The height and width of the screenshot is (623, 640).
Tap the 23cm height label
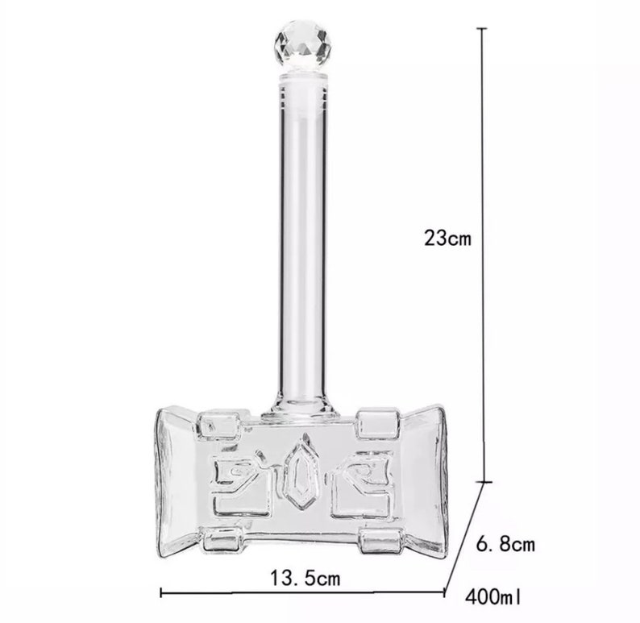click(x=448, y=239)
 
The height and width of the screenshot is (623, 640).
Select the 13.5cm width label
click(x=305, y=578)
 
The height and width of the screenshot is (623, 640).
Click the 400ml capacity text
click(x=492, y=597)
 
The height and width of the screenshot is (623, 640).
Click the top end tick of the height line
click(x=483, y=28)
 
